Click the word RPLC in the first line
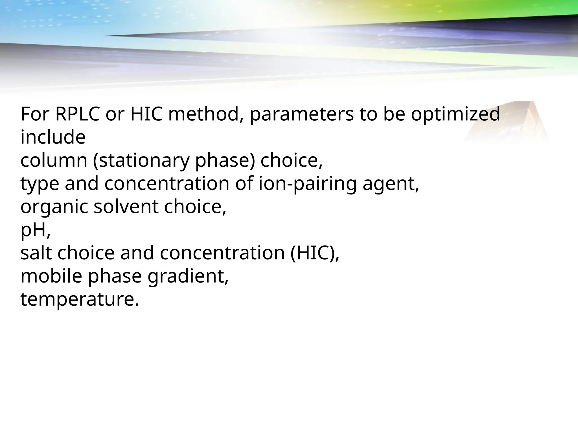(77, 114)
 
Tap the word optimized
(455, 114)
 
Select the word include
(53, 138)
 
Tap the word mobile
(51, 276)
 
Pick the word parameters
(301, 115)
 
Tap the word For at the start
(35, 114)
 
